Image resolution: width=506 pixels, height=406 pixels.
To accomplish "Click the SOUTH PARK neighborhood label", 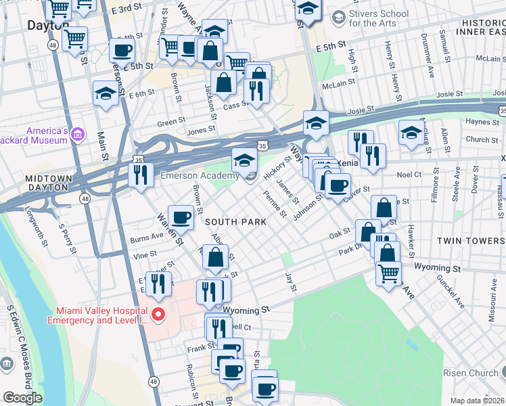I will click(x=233, y=222).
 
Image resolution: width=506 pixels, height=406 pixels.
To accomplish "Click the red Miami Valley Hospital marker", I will click(x=158, y=314).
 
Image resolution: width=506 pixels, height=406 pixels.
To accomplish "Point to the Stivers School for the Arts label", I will click(x=379, y=18).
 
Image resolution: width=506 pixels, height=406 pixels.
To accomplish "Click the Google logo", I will click(x=22, y=398).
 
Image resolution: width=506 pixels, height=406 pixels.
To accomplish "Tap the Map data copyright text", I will click(x=476, y=401).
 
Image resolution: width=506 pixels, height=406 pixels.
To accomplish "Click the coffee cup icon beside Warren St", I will click(x=181, y=218).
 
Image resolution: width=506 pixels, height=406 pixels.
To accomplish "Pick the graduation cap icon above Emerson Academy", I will click(x=244, y=160).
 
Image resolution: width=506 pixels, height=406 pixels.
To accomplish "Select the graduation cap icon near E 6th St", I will click(x=106, y=93).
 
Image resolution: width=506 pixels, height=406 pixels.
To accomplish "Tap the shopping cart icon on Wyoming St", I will click(x=388, y=274).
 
